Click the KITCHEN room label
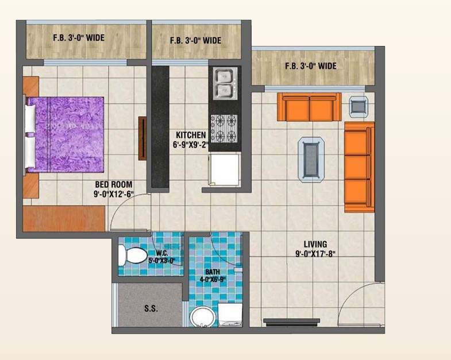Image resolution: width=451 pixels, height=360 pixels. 191,135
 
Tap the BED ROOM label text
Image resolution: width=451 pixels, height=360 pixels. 114,184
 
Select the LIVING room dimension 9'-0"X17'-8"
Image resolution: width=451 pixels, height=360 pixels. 315,254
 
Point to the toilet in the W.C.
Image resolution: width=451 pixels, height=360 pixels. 133,255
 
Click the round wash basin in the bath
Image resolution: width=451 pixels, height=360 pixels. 202,317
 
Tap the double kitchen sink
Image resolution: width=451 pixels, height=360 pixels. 225,83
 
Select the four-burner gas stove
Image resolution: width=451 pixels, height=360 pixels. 224,128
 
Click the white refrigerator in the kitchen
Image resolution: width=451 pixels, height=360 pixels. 224,169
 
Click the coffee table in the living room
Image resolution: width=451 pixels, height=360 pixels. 311,160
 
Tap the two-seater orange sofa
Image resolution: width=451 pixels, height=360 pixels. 309,107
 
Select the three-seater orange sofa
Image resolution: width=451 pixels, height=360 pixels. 359,167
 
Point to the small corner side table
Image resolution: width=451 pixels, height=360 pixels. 359,107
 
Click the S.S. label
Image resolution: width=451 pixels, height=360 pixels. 151,308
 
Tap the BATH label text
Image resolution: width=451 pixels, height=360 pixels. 213,272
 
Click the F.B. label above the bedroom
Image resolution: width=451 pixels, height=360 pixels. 79,38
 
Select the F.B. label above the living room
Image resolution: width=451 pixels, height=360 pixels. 311,66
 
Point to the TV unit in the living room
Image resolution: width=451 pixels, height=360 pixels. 292,322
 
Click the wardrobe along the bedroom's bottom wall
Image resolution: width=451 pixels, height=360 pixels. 64,219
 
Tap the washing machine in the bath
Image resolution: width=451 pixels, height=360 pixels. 230,315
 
